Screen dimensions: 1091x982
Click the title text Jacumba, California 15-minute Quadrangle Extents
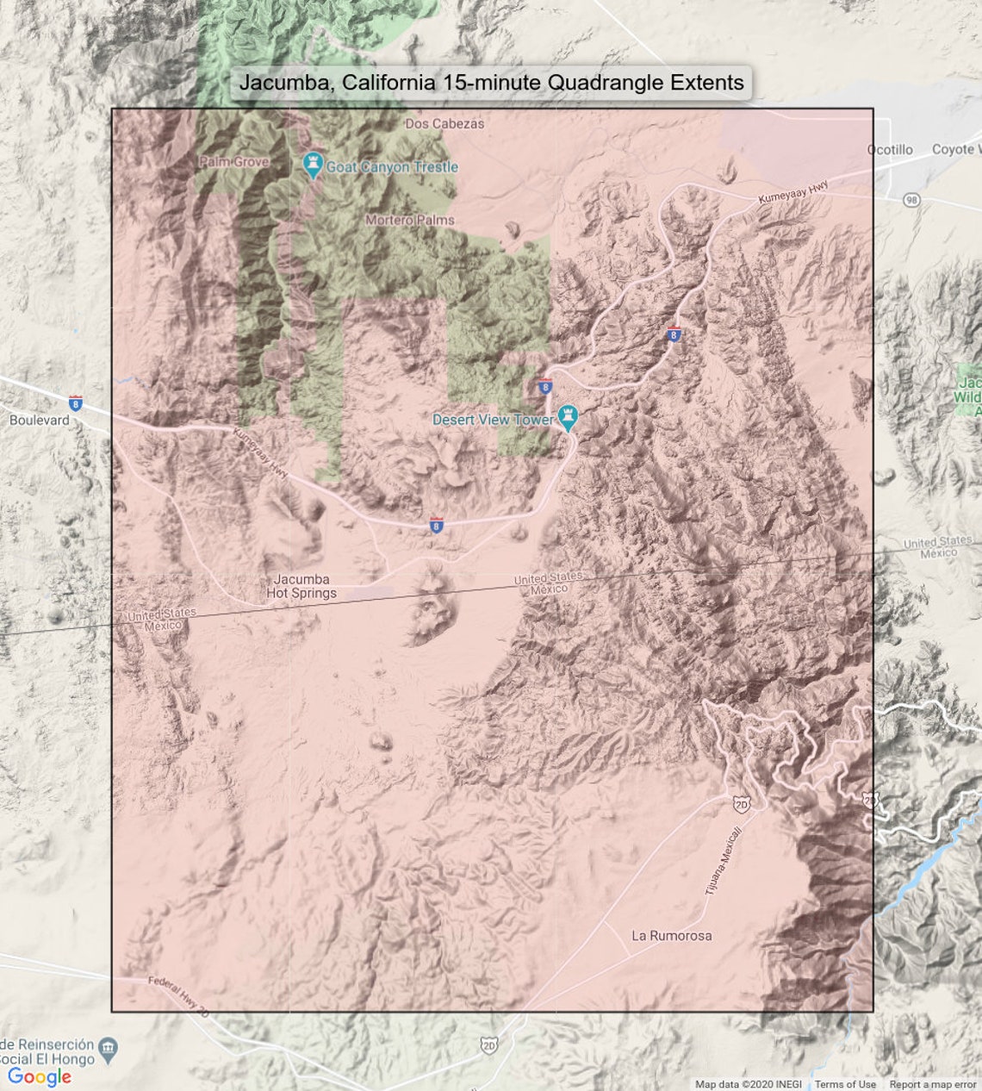point(491,83)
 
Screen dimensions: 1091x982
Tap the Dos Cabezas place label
point(444,123)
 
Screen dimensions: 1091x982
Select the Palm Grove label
point(234,161)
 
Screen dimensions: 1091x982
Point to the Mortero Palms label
point(409,220)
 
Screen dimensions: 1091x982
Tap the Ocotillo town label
point(890,150)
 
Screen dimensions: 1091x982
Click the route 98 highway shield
point(911,200)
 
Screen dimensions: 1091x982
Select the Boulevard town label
point(39,421)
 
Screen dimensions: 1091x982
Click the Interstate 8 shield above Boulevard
point(76,402)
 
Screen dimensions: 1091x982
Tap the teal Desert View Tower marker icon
point(567,418)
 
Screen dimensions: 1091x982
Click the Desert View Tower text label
point(493,420)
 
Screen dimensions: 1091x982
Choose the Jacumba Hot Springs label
point(301,586)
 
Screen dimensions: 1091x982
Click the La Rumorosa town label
point(672,935)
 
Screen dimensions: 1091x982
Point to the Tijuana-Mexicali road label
point(723,860)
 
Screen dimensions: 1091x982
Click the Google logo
point(39,1076)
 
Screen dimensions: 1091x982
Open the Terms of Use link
point(845,1084)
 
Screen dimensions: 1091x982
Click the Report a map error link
point(933,1084)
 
